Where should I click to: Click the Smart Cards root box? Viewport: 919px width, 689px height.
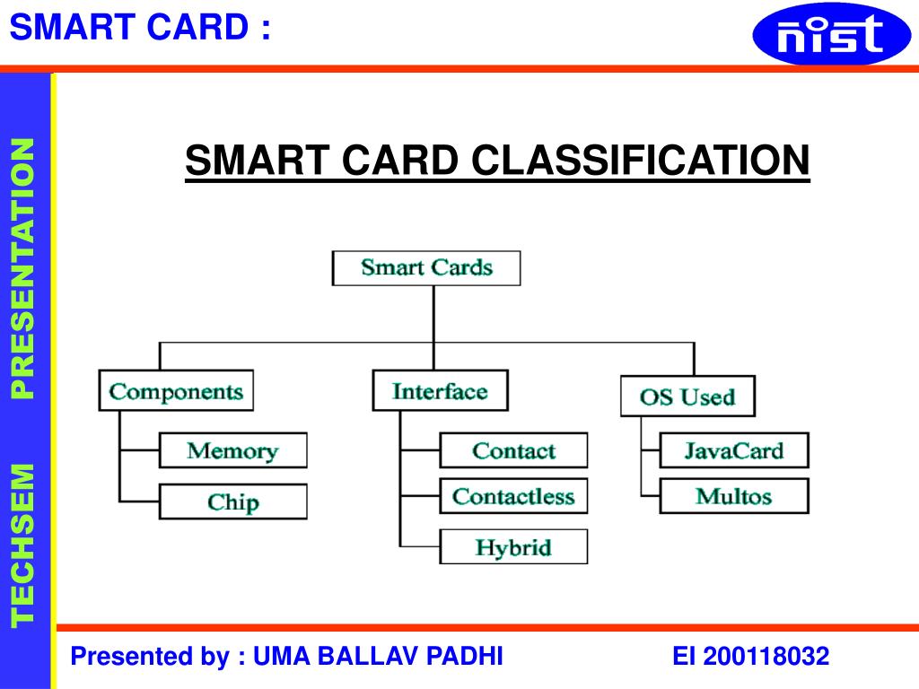pyautogui.click(x=426, y=268)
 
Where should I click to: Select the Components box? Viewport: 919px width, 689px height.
pyautogui.click(x=176, y=391)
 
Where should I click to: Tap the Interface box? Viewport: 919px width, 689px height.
pyautogui.click(x=440, y=391)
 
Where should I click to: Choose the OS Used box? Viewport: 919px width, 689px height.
pyautogui.click(x=687, y=397)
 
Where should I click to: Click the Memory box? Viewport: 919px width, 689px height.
pyautogui.click(x=232, y=450)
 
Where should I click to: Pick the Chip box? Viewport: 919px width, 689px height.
pyautogui.click(x=232, y=501)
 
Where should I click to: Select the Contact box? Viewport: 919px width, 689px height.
pyautogui.click(x=513, y=450)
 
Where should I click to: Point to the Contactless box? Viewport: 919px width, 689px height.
pyautogui.click(x=513, y=496)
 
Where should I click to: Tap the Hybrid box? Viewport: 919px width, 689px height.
pyautogui.click(x=513, y=546)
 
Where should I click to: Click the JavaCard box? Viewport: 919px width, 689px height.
pyautogui.click(x=733, y=450)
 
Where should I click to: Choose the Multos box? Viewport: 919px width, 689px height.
pyautogui.click(x=733, y=496)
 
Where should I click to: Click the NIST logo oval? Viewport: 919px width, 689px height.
pyautogui.click(x=818, y=34)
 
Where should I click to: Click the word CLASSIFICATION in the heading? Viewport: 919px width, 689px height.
pyautogui.click(x=641, y=161)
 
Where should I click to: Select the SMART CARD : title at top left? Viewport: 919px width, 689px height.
pyautogui.click(x=139, y=27)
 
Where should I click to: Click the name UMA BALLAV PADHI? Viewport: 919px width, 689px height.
pyautogui.click(x=378, y=657)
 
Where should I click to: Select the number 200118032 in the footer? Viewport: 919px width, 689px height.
pyautogui.click(x=766, y=657)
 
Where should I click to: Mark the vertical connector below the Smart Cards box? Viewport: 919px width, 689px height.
pyautogui.click(x=434, y=314)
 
